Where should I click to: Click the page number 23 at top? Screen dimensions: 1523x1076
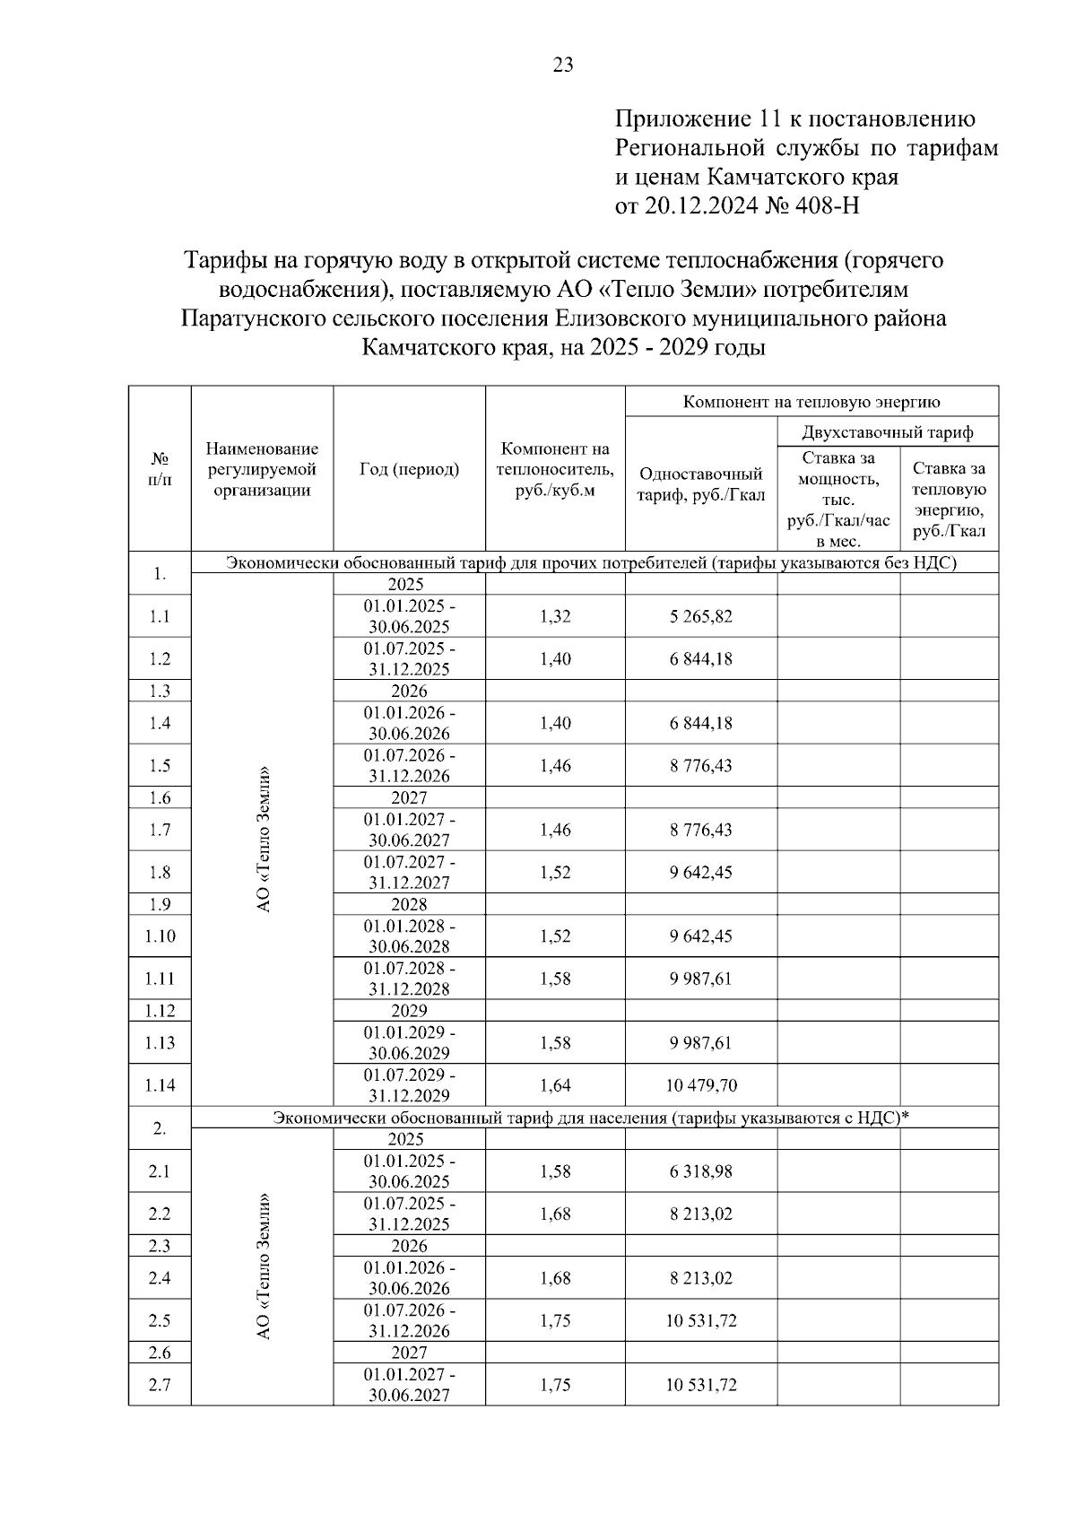(563, 65)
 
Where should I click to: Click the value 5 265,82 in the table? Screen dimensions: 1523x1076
(700, 616)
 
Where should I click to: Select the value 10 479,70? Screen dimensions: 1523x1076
(700, 1085)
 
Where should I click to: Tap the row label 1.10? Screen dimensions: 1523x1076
(160, 936)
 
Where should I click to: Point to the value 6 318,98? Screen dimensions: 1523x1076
(700, 1171)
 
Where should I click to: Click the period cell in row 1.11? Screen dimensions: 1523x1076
(409, 979)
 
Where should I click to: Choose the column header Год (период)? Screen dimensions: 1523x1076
(409, 469)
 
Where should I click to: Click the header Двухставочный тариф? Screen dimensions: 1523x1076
(887, 432)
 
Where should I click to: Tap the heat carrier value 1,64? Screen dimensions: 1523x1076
(555, 1085)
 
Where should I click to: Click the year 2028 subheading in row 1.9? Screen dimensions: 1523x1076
(409, 904)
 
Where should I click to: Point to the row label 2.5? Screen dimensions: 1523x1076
(160, 1320)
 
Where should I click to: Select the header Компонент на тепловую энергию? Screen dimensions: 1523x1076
(811, 401)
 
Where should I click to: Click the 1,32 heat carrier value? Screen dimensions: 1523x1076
(555, 616)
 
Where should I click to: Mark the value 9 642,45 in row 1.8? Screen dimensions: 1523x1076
(700, 872)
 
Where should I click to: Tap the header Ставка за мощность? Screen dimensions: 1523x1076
(837, 500)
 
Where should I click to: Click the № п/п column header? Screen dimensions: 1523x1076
(160, 469)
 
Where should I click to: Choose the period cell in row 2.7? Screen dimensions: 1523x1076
(409, 1385)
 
